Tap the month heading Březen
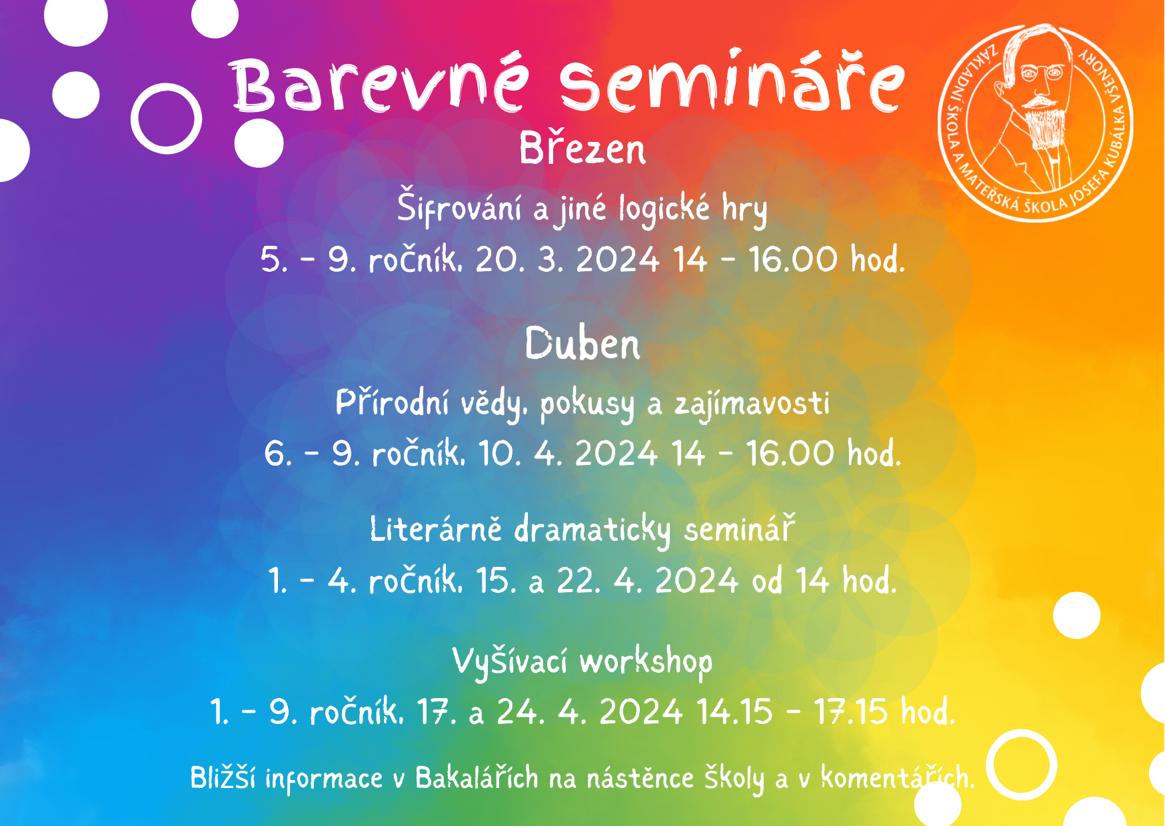pyautogui.click(x=582, y=148)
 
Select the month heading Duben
pyautogui.click(x=582, y=344)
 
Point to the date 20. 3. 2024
pyautogui.click(x=567, y=259)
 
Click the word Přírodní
pyautogui.click(x=392, y=402)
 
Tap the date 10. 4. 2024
pyautogui.click(x=568, y=454)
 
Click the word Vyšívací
pyautogui.click(x=510, y=661)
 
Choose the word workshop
pyautogui.click(x=646, y=662)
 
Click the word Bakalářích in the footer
pyautogui.click(x=477, y=777)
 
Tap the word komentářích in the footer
pyautogui.click(x=897, y=777)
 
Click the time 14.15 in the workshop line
pyautogui.click(x=734, y=711)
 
